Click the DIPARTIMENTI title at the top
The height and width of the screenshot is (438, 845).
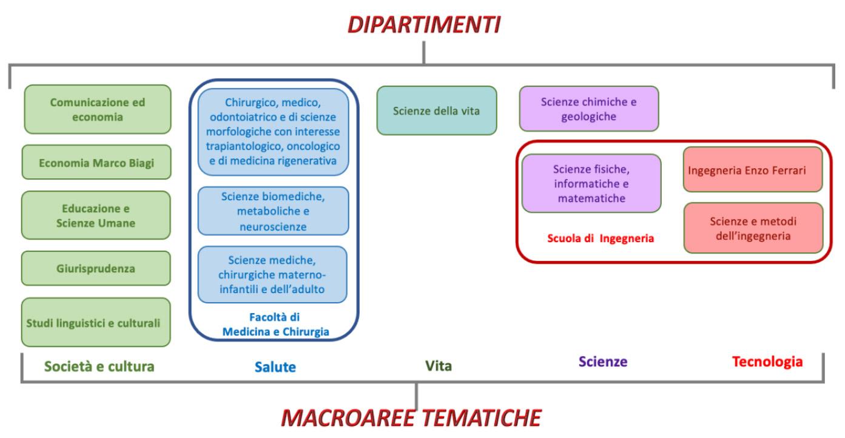click(x=423, y=26)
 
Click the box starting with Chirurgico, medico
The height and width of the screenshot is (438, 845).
click(x=273, y=132)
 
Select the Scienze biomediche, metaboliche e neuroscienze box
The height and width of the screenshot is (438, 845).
click(x=273, y=211)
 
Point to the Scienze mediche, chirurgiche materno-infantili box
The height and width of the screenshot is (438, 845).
click(x=273, y=274)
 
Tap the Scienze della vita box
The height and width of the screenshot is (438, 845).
click(x=436, y=110)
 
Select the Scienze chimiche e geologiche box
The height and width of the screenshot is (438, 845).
click(x=588, y=109)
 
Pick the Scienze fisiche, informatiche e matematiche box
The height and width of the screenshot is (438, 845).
click(x=582, y=183)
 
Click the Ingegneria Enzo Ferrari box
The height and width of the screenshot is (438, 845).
click(x=753, y=169)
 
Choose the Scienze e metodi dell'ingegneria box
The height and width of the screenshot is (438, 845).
click(x=753, y=228)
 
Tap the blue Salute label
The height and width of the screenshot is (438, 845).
click(x=274, y=366)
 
